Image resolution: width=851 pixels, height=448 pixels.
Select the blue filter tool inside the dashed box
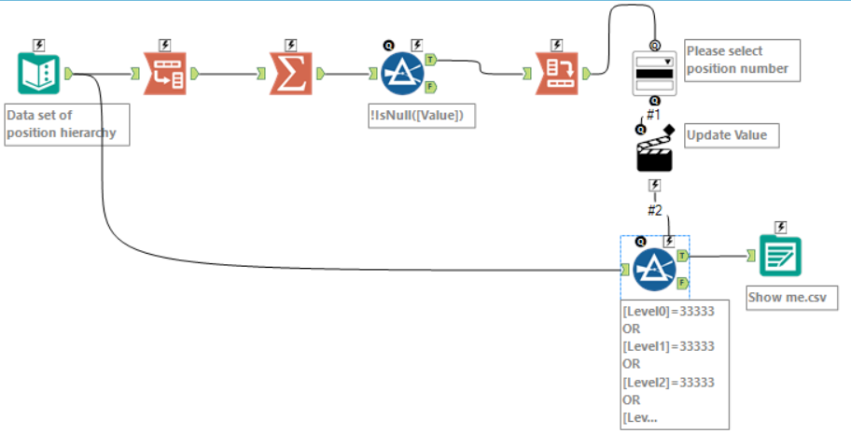point(654,270)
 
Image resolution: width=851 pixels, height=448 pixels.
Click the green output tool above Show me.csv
point(779,255)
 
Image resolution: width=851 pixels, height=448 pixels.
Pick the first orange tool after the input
point(164,74)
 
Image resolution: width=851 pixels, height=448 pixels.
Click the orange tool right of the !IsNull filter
point(557,74)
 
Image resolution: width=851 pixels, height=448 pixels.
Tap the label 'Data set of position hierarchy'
point(64,125)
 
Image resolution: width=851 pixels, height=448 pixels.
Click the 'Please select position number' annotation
point(742,60)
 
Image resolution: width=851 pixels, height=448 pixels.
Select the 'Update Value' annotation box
point(727,135)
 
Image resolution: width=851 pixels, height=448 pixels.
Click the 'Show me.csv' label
point(792,299)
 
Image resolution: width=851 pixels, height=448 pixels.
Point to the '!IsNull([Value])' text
point(423,116)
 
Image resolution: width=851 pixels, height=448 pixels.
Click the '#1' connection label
point(654,113)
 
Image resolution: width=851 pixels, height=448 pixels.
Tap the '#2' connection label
point(654,210)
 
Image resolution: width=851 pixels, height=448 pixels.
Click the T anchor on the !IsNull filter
point(429,59)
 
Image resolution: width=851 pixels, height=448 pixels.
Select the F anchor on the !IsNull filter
point(429,88)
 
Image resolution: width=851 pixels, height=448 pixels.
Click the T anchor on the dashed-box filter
point(683,255)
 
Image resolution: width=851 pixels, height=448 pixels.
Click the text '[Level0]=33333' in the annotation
point(668,312)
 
